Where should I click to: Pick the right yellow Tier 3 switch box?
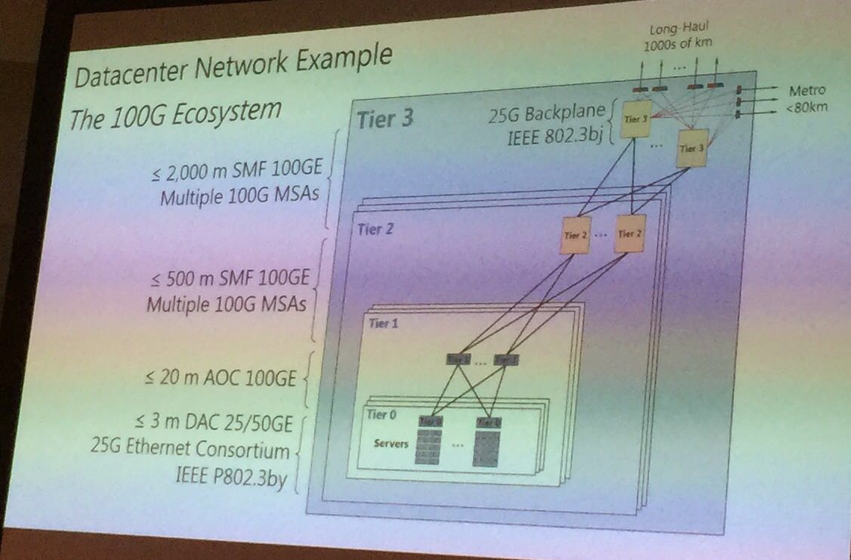[690, 147]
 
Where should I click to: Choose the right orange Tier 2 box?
[629, 234]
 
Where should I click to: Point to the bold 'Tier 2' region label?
[375, 229]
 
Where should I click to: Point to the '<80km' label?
[806, 107]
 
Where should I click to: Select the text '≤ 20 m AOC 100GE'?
[224, 378]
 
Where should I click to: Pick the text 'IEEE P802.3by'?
[237, 478]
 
